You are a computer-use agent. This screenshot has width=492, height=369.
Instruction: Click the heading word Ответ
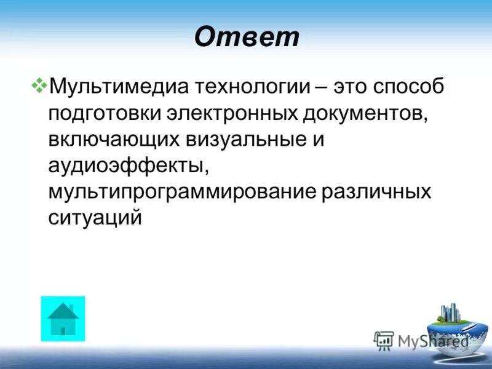click(247, 37)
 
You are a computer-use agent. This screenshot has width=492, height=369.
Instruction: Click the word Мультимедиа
click(119, 87)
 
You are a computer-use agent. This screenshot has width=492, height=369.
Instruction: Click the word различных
click(376, 192)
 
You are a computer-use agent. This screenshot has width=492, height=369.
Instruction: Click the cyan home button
click(63, 319)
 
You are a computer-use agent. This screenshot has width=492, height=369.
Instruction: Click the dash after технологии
click(319, 87)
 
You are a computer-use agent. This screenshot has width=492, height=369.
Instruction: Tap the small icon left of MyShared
click(384, 340)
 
